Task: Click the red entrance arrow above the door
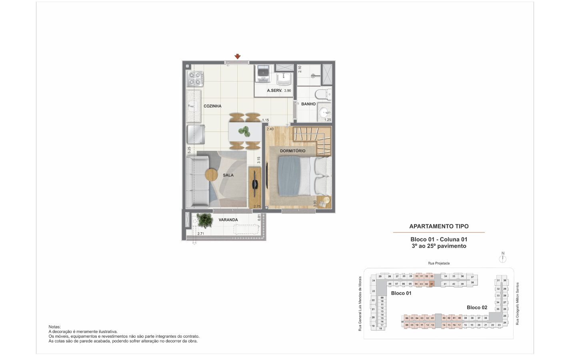[x=238, y=56]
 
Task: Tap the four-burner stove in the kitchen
[x=195, y=78]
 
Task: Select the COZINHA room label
[x=212, y=106]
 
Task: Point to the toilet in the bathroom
[x=322, y=94]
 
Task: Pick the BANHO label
[x=308, y=104]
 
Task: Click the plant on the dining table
[x=244, y=131]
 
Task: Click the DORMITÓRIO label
[x=292, y=151]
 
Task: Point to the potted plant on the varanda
[x=205, y=220]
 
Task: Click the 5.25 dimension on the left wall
[x=189, y=150]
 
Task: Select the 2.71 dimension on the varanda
[x=201, y=234]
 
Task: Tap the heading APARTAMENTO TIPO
[x=439, y=226]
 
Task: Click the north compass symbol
[x=503, y=258]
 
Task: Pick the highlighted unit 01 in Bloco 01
[x=432, y=284]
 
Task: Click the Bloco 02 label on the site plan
[x=477, y=308]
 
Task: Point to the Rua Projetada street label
[x=439, y=263]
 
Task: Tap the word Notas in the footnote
[x=55, y=327]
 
